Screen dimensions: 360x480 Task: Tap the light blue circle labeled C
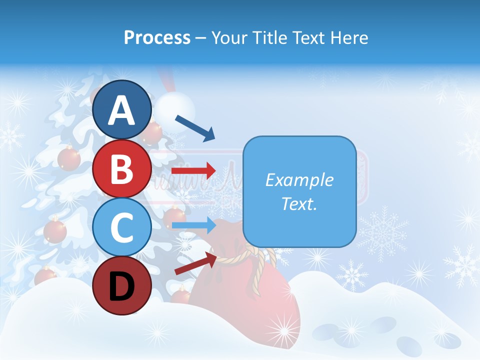pyautogui.click(x=121, y=227)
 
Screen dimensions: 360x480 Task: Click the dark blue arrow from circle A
pyautogui.click(x=195, y=128)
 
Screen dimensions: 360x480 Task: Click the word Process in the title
pyautogui.click(x=157, y=37)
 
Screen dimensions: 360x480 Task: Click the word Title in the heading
pyautogui.click(x=270, y=37)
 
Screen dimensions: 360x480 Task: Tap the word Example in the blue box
pyautogui.click(x=299, y=180)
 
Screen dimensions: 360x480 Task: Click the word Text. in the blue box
pyautogui.click(x=299, y=203)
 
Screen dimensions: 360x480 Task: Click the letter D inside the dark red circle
pyautogui.click(x=121, y=286)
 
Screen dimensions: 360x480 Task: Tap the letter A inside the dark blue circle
pyautogui.click(x=121, y=110)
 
